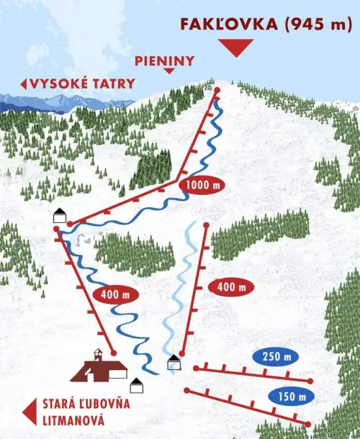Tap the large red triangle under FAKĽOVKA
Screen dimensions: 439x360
pyautogui.click(x=235, y=48)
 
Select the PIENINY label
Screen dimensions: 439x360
pyautogui.click(x=164, y=61)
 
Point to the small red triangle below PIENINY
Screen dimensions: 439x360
pyautogui.click(x=170, y=71)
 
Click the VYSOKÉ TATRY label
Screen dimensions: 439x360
pyautogui.click(x=83, y=83)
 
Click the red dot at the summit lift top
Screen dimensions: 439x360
pyautogui.click(x=217, y=90)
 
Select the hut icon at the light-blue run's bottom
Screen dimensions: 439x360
pyautogui.click(x=174, y=362)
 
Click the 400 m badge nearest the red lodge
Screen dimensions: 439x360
pyautogui.click(x=115, y=294)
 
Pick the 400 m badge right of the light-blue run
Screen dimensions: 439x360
pyautogui.click(x=230, y=287)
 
